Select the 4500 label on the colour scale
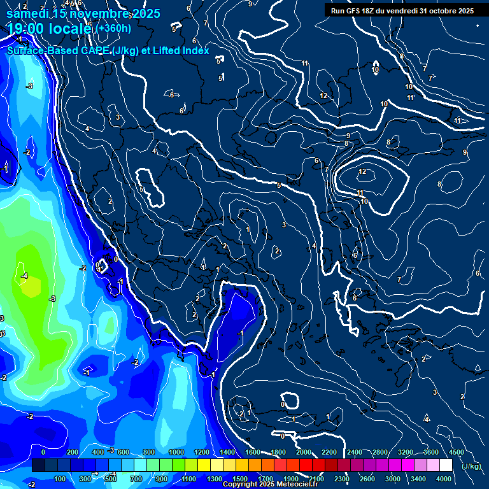coord(457,452)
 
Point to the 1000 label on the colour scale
coord(177,452)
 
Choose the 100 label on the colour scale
coord(60,478)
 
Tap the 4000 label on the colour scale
coord(444,478)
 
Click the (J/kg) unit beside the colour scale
coord(471,466)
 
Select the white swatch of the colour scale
coord(446,465)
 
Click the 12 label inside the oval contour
coord(362,172)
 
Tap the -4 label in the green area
coord(24,276)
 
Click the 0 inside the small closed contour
coord(283,404)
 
